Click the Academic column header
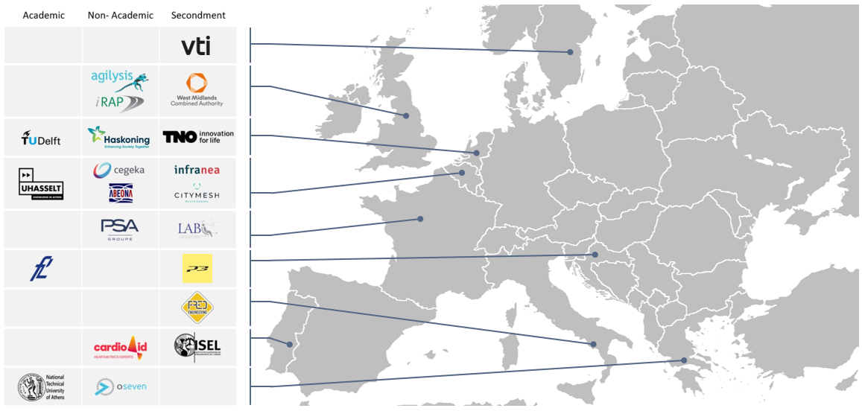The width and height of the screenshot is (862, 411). pyautogui.click(x=43, y=15)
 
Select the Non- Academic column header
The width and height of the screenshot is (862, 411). pyautogui.click(x=121, y=15)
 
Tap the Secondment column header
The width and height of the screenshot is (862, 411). pyautogui.click(x=198, y=15)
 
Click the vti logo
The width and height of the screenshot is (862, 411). pyautogui.click(x=197, y=46)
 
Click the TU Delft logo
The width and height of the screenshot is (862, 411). pyautogui.click(x=42, y=138)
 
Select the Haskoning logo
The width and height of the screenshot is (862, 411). pyautogui.click(x=119, y=137)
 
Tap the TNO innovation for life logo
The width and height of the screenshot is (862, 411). pyautogui.click(x=197, y=137)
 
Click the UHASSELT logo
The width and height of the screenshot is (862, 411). pyautogui.click(x=41, y=183)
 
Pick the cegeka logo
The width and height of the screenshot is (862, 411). pyautogui.click(x=119, y=170)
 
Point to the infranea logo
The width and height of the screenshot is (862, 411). pyautogui.click(x=197, y=170)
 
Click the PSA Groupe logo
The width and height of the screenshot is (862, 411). pyautogui.click(x=119, y=229)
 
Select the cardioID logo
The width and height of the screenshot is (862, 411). pyautogui.click(x=120, y=347)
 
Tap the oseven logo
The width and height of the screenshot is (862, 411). pyautogui.click(x=115, y=387)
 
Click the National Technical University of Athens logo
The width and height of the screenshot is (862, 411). pyautogui.click(x=42, y=387)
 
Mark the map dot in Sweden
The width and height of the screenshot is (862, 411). pyautogui.click(x=571, y=52)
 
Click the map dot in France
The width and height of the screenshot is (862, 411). pyautogui.click(x=420, y=219)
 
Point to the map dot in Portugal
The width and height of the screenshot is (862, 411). pyautogui.click(x=289, y=345)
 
